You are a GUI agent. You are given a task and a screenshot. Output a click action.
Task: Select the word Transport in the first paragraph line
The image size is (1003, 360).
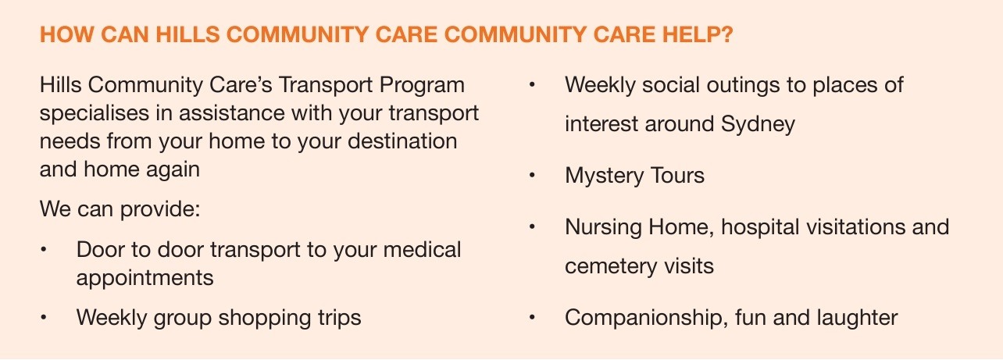coord(326,84)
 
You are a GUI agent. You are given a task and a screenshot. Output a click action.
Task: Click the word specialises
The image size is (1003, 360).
coord(95,113)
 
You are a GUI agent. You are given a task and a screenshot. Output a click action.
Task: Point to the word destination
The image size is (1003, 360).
coord(402,141)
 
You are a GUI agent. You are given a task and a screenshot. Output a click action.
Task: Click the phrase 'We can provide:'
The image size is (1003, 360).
coord(120,209)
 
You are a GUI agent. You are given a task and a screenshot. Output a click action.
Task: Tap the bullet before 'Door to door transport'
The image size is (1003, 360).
coord(44,250)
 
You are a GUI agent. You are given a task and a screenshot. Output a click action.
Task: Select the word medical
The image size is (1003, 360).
coord(422,249)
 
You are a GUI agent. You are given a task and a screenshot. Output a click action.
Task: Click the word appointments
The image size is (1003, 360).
coord(145,278)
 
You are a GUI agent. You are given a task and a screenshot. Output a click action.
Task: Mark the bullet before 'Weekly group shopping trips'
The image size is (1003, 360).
coord(44,318)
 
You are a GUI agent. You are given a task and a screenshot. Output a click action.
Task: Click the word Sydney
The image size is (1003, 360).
coord(758,124)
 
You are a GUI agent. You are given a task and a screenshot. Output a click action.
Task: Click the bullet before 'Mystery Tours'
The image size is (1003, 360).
coord(532,175)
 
